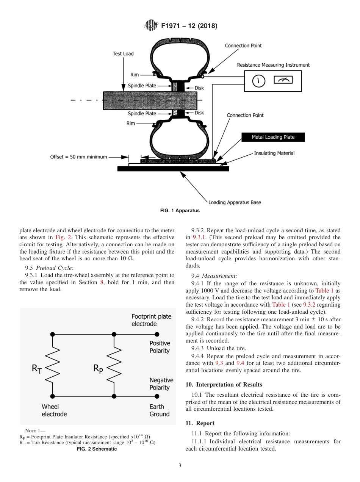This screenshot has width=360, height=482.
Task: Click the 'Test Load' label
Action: [x=123, y=54]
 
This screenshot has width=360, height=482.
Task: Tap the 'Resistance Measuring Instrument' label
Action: [x=273, y=65]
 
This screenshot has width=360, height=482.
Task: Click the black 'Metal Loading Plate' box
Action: [x=273, y=137]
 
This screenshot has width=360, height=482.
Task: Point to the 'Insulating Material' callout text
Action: [x=274, y=153]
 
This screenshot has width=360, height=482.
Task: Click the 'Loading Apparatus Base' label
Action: [x=235, y=202]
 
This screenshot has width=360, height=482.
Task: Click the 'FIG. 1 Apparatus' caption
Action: [x=180, y=211]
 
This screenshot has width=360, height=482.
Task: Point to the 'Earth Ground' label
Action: [x=159, y=410]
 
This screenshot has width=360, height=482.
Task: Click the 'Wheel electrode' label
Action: [x=54, y=410]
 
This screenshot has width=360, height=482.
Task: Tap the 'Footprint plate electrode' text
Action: [x=151, y=320]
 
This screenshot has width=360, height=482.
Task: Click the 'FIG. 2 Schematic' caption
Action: [x=97, y=449]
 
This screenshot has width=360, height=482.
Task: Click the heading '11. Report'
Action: [x=200, y=423]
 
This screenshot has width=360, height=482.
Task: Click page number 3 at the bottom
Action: [x=180, y=466]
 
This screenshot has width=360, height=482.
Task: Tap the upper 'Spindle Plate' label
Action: [x=142, y=86]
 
